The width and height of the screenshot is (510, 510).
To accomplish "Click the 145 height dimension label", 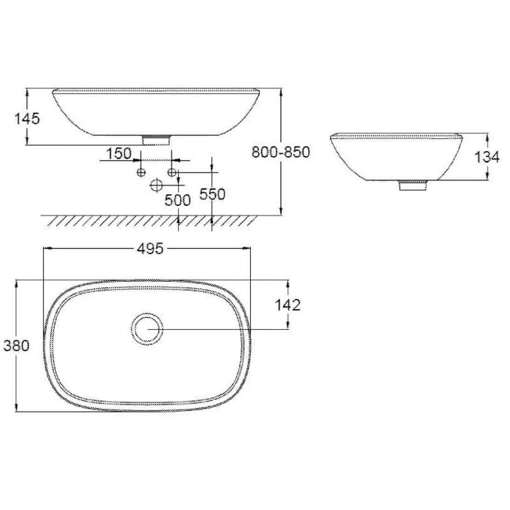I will pos(27,119).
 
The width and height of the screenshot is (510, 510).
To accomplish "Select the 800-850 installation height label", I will pos(281,152).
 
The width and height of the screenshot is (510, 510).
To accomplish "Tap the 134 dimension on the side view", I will pos(487,157).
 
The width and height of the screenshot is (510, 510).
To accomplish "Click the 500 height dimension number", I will pos(178,200).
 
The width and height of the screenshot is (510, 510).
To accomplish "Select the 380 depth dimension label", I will pos(16,346).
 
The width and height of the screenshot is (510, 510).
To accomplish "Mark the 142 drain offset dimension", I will pos(287,305).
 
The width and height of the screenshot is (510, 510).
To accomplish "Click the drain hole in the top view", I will pos(147,329).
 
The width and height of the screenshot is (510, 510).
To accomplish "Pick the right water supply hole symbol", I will pos(172,173).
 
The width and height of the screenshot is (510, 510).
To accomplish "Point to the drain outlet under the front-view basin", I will pos(156,139).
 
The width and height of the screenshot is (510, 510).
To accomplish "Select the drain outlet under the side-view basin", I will pos(412,185).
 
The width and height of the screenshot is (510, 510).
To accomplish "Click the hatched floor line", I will pos(150,220).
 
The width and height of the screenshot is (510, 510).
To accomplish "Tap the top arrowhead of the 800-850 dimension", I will pos(280,92).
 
